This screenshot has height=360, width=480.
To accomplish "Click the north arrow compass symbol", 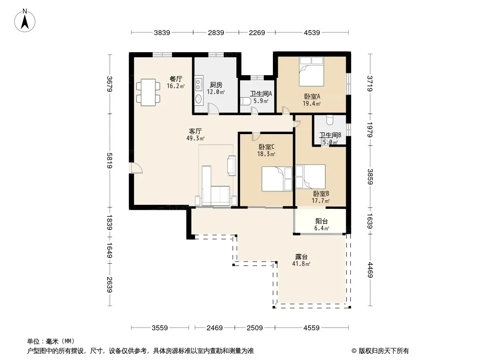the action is click(x=25, y=21).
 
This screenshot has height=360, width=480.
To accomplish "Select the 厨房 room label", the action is click(x=216, y=85).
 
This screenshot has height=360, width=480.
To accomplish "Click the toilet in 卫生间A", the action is click(x=245, y=101).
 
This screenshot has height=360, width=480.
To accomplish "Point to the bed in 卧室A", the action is click(x=311, y=72).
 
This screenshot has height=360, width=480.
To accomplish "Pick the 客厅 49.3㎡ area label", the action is click(x=195, y=135).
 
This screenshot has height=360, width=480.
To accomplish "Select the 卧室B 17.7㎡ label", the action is click(x=321, y=197).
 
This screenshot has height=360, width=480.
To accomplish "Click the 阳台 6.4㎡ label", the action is click(x=322, y=225).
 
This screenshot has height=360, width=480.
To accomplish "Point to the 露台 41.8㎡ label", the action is click(x=301, y=260).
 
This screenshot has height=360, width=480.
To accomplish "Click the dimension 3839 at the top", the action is click(x=162, y=32).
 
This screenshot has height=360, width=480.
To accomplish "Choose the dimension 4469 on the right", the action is click(x=370, y=270).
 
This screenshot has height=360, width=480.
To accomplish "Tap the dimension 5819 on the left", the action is click(x=110, y=160).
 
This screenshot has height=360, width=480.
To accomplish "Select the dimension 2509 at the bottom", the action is click(x=255, y=328).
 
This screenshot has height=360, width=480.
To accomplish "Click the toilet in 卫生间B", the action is click(x=330, y=120).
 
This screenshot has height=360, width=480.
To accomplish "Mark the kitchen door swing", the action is click(x=213, y=108).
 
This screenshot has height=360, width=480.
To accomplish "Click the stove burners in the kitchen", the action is click(x=199, y=84).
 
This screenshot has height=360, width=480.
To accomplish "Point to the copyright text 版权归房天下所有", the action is click(x=383, y=351).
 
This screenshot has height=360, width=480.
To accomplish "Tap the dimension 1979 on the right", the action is click(x=370, y=130).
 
